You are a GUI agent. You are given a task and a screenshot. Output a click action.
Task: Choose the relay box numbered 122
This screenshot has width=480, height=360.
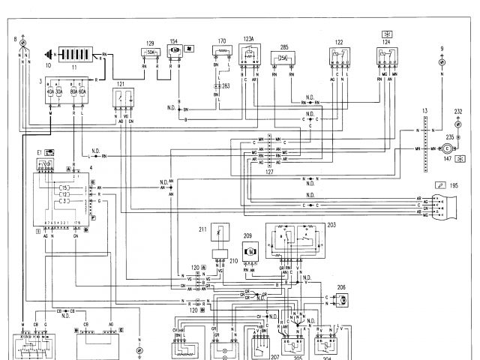(x=340, y=58)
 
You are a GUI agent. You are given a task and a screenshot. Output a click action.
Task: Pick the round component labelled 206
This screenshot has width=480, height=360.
(x=340, y=299)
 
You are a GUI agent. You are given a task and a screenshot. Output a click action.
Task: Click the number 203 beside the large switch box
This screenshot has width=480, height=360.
(x=331, y=223)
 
